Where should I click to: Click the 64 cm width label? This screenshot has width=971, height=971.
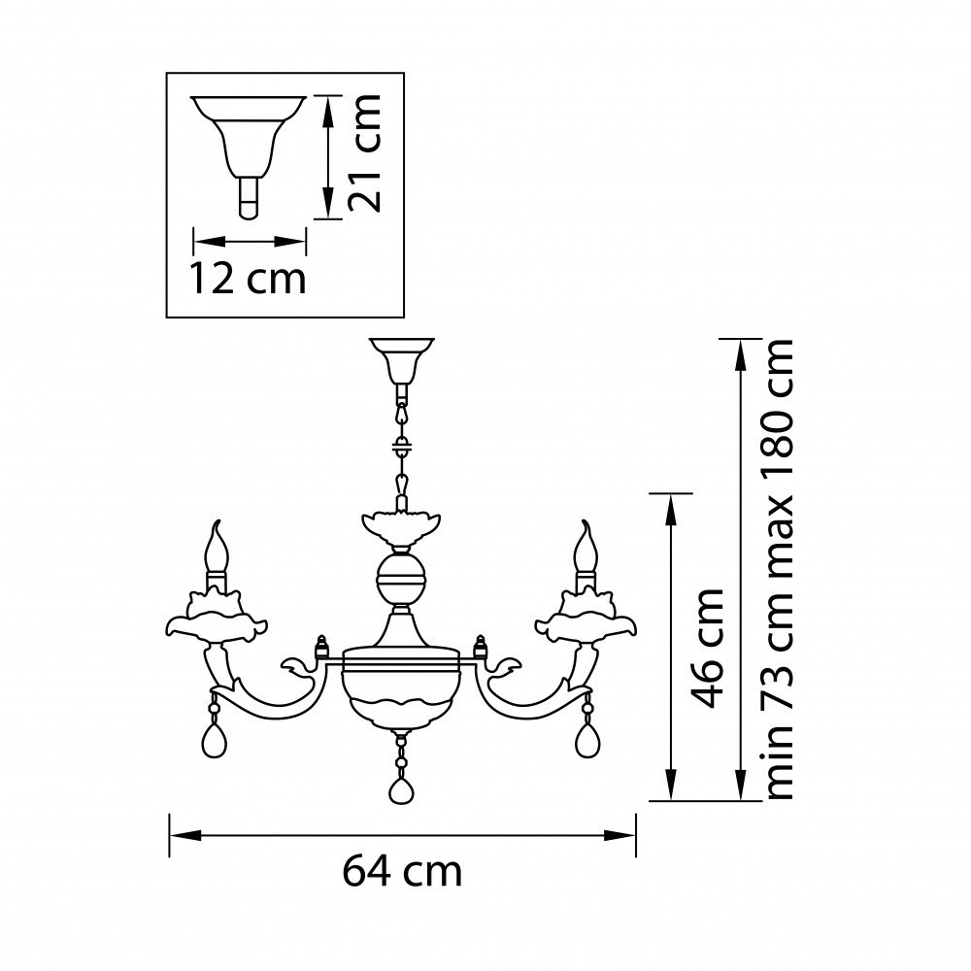pos(401,870)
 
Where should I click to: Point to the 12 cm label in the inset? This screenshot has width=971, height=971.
pos(248,279)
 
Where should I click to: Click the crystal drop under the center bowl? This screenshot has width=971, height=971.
pos(400,787)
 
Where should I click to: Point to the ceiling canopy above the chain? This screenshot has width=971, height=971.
pos(400,358)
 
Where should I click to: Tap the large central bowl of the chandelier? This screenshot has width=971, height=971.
pos(400,694)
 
